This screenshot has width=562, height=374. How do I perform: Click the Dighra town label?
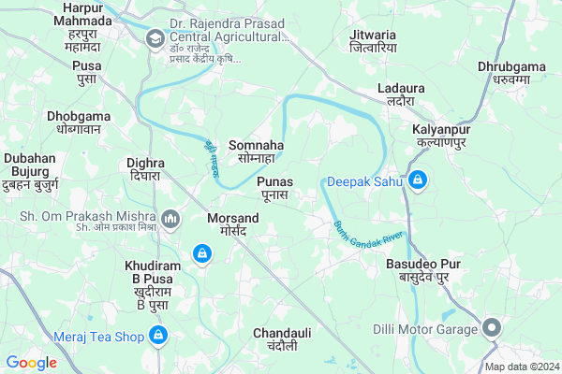145,169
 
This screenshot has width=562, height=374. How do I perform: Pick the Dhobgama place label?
79,122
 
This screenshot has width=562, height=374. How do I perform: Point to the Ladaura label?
401,93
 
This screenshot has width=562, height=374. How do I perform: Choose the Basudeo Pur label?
423,271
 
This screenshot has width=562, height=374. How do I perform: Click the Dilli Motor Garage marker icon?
493,327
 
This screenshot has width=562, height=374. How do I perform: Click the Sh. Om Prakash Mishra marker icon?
170,220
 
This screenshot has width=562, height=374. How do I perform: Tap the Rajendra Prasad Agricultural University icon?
155,37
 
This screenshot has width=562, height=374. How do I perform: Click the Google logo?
31,363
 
